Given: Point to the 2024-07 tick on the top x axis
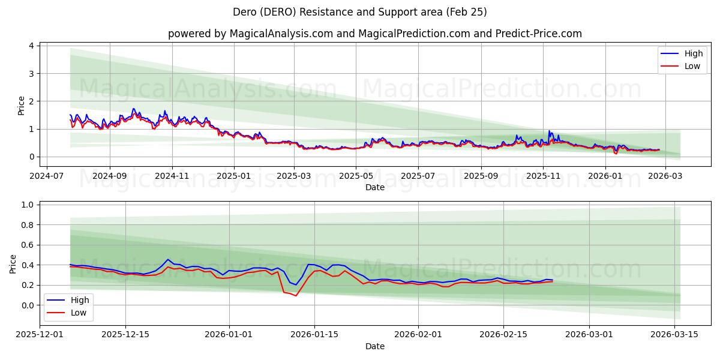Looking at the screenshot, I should tap(47, 177).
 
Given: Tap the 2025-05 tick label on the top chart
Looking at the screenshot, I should tap(356, 177).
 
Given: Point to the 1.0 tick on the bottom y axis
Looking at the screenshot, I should tap(26, 205).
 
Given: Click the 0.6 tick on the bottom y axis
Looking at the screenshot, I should tap(26, 245).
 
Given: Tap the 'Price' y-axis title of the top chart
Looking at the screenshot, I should tap(22, 106).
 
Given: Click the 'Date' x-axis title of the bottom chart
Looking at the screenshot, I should tap(374, 346).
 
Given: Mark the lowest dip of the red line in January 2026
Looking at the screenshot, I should tap(296, 296).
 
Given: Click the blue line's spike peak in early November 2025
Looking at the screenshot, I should tap(548, 131).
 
